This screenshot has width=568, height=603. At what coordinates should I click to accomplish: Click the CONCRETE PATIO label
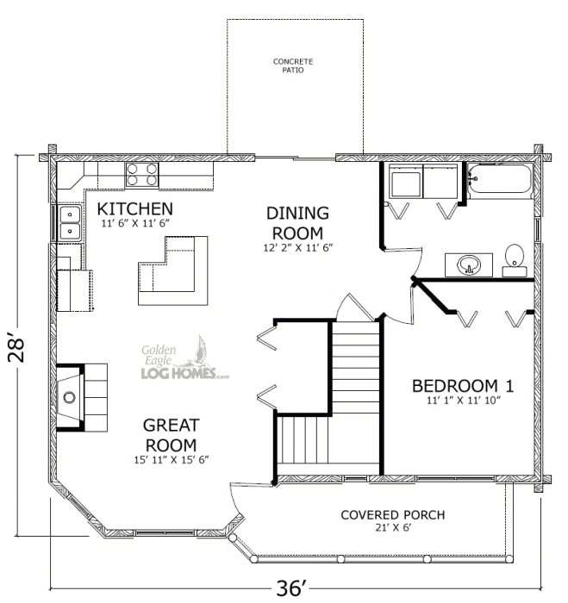click(x=293, y=65)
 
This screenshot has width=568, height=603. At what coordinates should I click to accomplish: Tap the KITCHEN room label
click(x=135, y=208)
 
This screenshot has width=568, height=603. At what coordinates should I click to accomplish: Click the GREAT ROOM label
click(x=172, y=434)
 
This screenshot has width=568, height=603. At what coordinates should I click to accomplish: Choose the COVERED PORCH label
click(x=392, y=515)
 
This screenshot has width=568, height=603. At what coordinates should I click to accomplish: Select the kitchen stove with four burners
click(x=142, y=175)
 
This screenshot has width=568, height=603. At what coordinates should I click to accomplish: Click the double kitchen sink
click(x=70, y=222)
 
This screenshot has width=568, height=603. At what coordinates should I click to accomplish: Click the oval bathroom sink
click(x=469, y=264)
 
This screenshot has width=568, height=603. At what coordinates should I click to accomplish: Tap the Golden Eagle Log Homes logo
click(x=183, y=360)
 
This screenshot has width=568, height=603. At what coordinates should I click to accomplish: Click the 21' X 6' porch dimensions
click(x=392, y=530)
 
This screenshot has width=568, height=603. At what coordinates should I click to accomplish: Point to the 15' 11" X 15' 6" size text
click(x=172, y=459)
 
